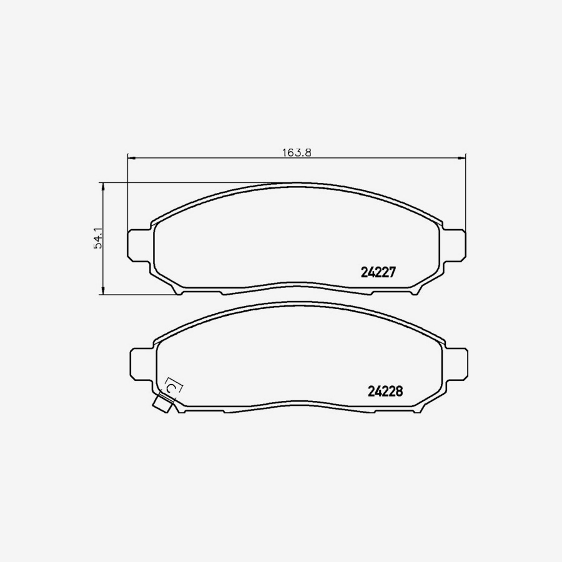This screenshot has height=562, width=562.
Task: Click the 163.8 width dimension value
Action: [296, 151]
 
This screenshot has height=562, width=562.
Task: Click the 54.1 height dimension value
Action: [97, 239]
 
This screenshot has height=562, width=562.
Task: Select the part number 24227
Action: [379, 272]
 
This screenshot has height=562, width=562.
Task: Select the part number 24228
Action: [385, 391]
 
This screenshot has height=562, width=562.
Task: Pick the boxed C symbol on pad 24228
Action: [173, 387]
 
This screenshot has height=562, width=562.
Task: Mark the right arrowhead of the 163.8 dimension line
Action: [463, 157]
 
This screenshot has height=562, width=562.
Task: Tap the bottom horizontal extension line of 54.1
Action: [137, 293]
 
